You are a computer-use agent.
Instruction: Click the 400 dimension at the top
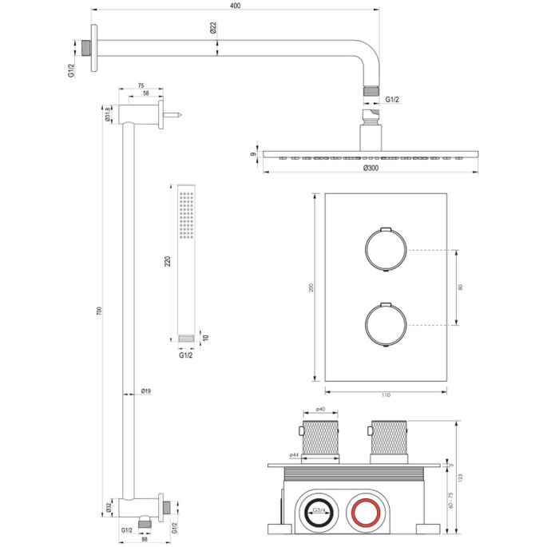pos(234,6)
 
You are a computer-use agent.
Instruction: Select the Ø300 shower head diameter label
pos(370,168)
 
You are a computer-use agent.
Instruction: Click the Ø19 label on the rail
pos(146,391)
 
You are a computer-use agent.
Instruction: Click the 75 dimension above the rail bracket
pos(141,85)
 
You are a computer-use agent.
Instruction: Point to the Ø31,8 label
pos(109,115)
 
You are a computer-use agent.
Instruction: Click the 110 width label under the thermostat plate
pos(385,394)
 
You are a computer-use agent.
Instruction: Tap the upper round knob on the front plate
pos(386,250)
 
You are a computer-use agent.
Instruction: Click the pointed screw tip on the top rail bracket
pos(182,117)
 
